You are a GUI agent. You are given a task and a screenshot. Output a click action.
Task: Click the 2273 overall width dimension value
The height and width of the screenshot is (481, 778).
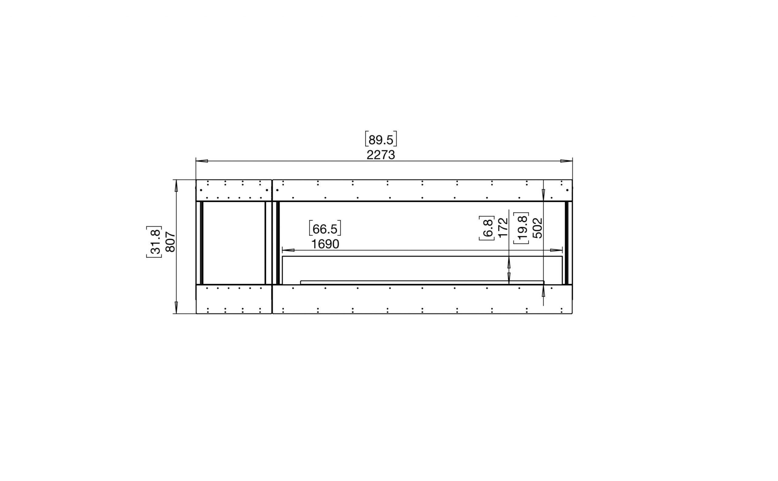tap(380, 155)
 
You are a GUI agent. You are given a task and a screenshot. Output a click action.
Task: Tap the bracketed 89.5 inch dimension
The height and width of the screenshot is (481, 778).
tap(381, 139)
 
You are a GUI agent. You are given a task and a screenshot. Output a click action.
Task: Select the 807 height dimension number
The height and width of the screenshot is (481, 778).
tap(170, 242)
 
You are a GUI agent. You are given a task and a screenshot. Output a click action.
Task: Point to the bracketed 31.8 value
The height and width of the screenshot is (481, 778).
tap(154, 242)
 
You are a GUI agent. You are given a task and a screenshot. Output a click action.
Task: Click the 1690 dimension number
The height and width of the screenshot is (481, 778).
tap(325, 244)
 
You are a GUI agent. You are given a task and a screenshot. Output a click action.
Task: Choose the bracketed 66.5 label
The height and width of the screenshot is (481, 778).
tap(325, 228)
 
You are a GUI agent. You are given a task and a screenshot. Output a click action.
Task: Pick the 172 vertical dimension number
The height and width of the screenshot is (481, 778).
tap(503, 228)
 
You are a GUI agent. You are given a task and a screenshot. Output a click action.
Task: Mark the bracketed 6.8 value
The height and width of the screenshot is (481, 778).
tap(487, 228)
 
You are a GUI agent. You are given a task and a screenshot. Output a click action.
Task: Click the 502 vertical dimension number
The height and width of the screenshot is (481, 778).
tap(537, 228)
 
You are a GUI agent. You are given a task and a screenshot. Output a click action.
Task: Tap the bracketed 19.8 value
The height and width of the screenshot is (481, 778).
tap(521, 228)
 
